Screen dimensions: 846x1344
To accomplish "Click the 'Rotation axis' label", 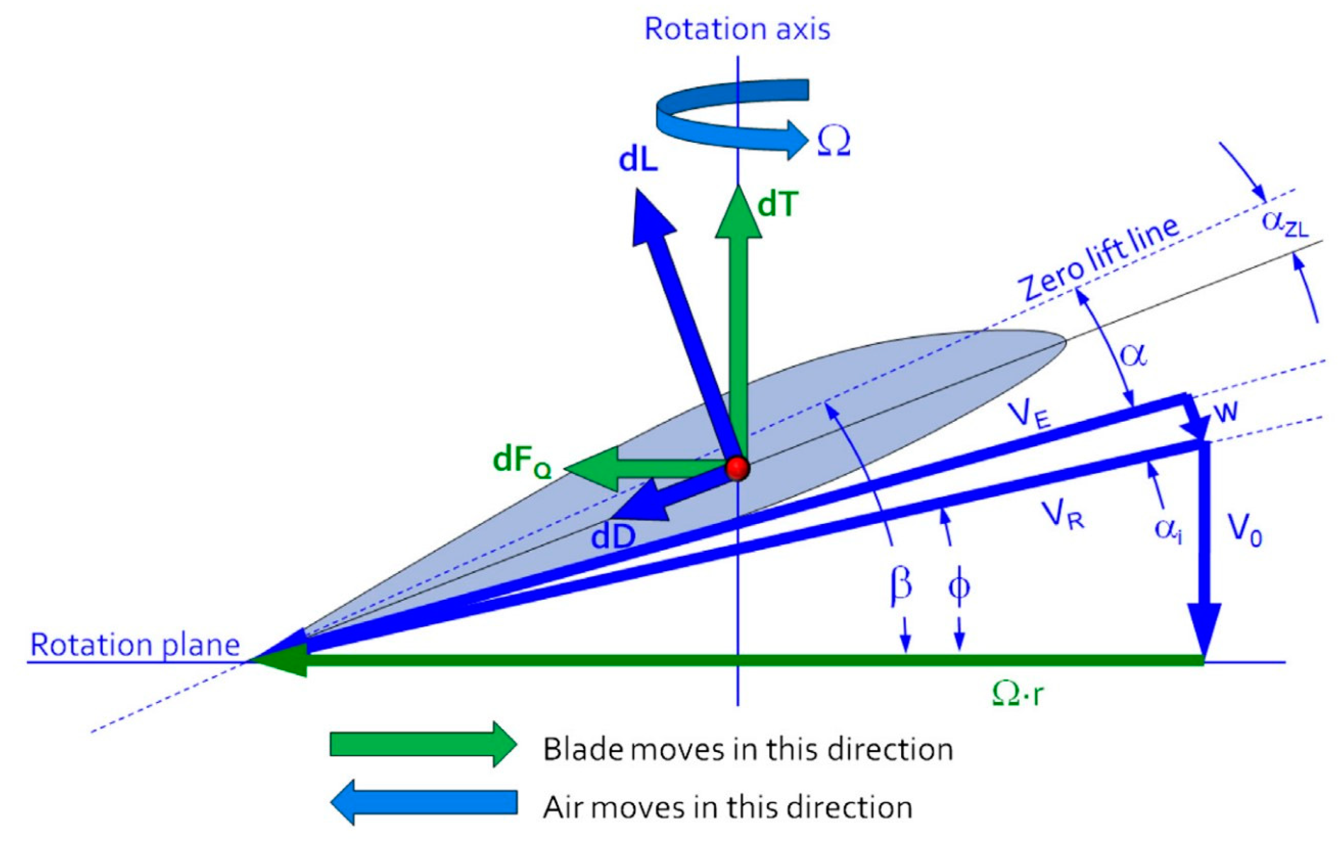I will coord(737,29).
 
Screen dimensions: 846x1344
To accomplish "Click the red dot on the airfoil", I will coord(737,468).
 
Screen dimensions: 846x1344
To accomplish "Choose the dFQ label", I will coord(522,462).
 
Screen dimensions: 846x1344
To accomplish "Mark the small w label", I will coord(1225,411).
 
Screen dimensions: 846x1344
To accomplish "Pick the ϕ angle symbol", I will coord(959,586).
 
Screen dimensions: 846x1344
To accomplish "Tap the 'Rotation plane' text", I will coord(134,645).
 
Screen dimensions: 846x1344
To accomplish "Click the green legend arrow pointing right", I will coord(422,744).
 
